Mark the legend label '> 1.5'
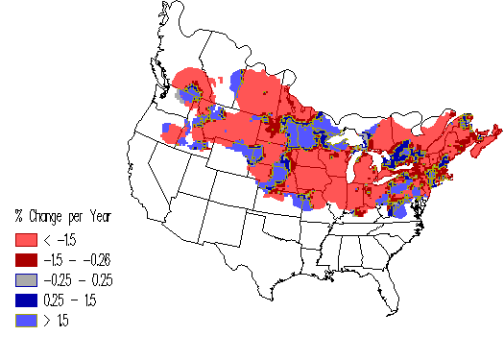(x=54, y=320)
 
